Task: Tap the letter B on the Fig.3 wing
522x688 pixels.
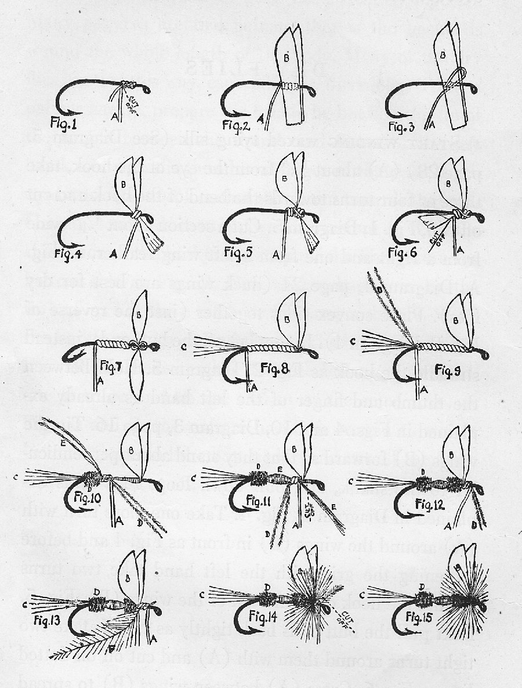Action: [x=443, y=56]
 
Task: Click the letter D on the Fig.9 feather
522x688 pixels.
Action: [x=379, y=288]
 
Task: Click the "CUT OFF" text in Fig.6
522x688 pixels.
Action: [x=431, y=236]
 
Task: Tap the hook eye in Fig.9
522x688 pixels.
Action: [x=483, y=356]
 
